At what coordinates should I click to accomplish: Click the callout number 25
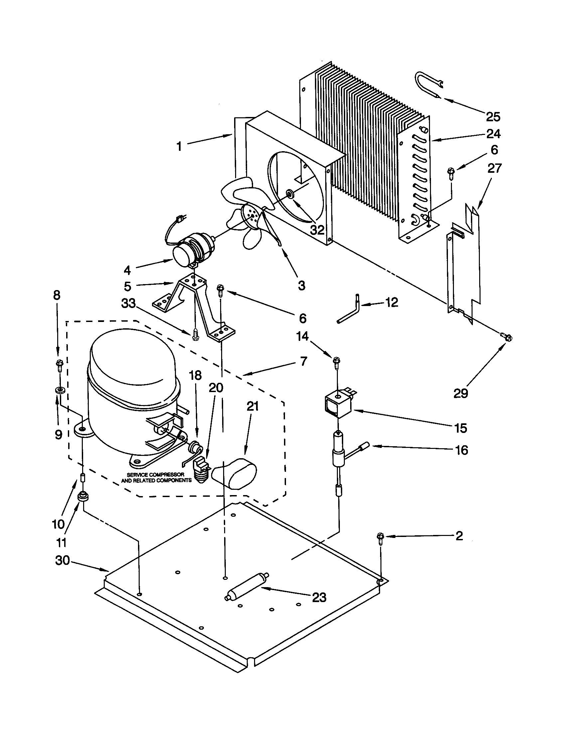493,117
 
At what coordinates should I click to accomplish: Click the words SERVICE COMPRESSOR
155,474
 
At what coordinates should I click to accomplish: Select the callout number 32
317,230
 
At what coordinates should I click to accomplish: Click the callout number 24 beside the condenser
493,134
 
